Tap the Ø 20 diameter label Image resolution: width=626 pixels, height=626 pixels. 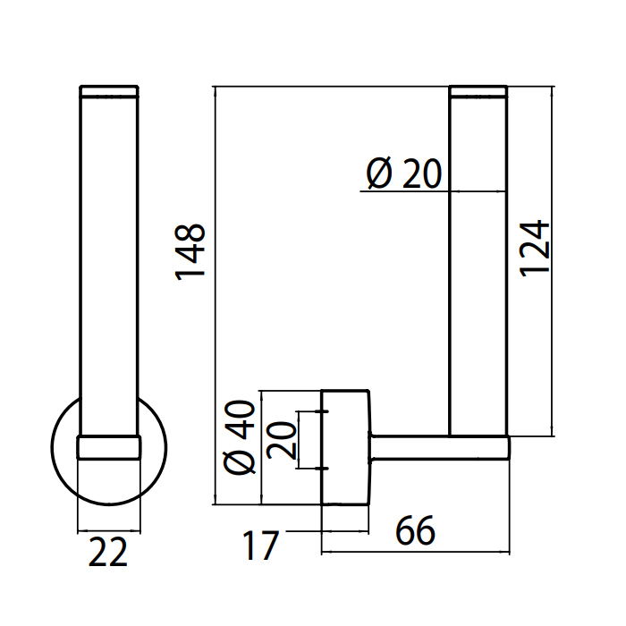click(404, 173)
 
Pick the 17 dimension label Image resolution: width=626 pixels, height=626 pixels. click(259, 546)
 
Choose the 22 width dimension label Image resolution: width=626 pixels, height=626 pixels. click(109, 553)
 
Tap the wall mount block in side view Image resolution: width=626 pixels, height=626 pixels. click(345, 447)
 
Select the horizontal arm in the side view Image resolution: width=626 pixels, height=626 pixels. click(438, 447)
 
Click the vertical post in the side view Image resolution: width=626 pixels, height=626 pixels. click(478, 268)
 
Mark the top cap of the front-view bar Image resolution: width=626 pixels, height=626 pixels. click(109, 90)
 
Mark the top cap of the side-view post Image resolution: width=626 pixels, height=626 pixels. click(478, 90)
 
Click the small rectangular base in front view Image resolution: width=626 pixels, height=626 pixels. click(109, 447)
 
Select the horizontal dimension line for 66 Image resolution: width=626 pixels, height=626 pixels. click(416, 551)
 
